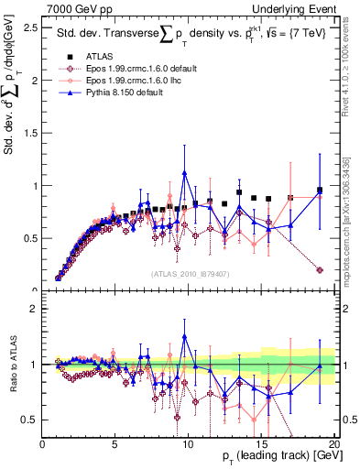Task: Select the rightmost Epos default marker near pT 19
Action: [x=320, y=270]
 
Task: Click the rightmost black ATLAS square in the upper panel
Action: [x=320, y=191]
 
